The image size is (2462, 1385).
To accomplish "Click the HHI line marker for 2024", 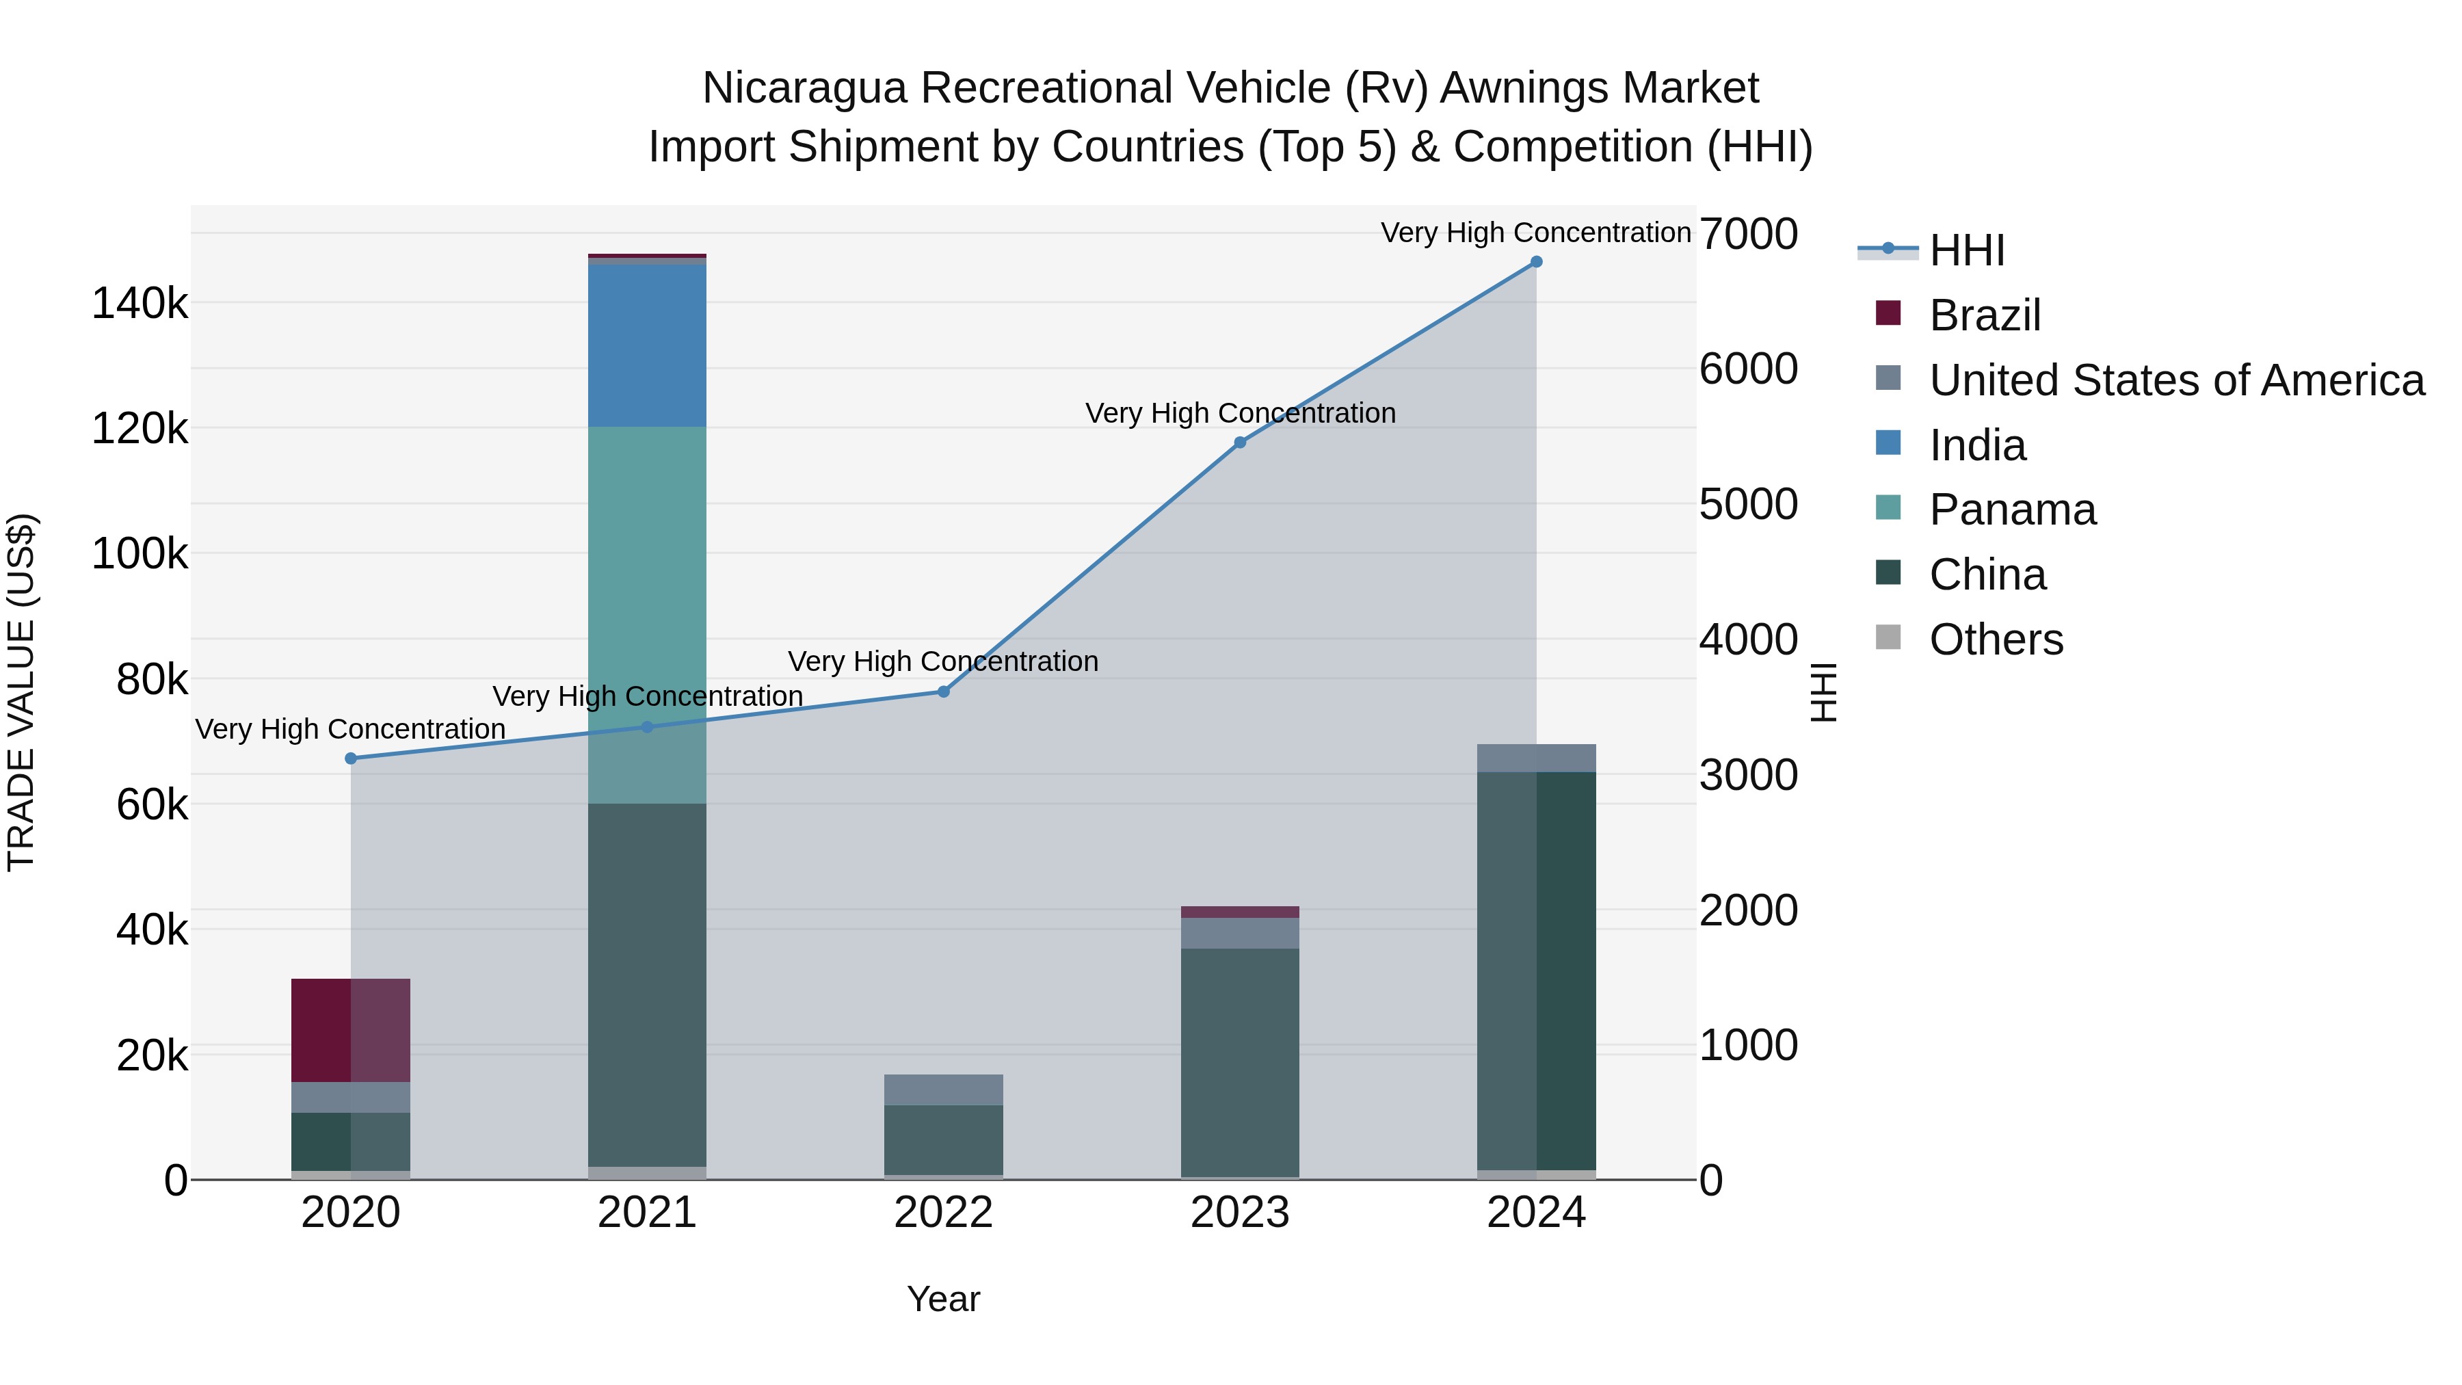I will pyautogui.click(x=1536, y=262).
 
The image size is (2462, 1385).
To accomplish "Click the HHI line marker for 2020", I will pyautogui.click(x=351, y=758).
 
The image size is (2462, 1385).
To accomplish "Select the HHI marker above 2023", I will pyautogui.click(x=1240, y=443).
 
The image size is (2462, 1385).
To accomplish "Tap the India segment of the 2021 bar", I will pyautogui.click(x=647, y=346).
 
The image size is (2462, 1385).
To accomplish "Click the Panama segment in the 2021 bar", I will pyautogui.click(x=647, y=611).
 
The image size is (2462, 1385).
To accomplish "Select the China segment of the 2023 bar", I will pyautogui.click(x=1240, y=1061).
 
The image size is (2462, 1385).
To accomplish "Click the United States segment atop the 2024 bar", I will pyautogui.click(x=1536, y=758).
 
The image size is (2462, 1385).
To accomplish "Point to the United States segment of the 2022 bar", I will pyautogui.click(x=943, y=1090).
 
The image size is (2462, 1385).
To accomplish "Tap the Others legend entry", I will pyautogui.click(x=1996, y=639).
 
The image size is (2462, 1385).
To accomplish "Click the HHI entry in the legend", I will pyautogui.click(x=1966, y=250).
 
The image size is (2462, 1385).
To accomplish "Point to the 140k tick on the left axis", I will pyautogui.click(x=140, y=304).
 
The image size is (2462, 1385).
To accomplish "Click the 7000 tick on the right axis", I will pyautogui.click(x=1748, y=234).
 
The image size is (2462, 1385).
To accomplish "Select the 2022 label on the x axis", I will pyautogui.click(x=943, y=1213).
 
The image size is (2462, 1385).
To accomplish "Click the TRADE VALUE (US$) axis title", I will pyautogui.click(x=21, y=692).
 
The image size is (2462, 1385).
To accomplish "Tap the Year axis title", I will pyautogui.click(x=943, y=1299).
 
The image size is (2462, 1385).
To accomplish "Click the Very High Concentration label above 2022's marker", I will pyautogui.click(x=942, y=661).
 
